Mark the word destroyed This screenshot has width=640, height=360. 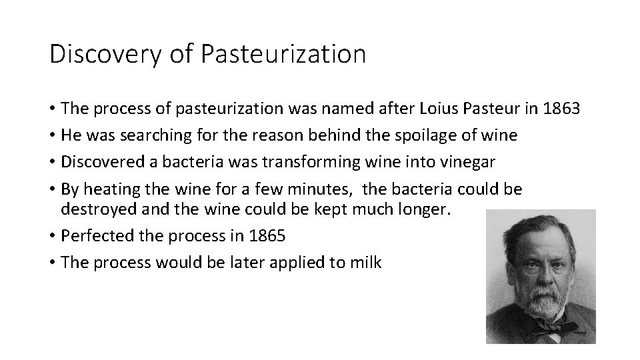95,210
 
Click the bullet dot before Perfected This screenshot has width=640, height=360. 52,237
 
